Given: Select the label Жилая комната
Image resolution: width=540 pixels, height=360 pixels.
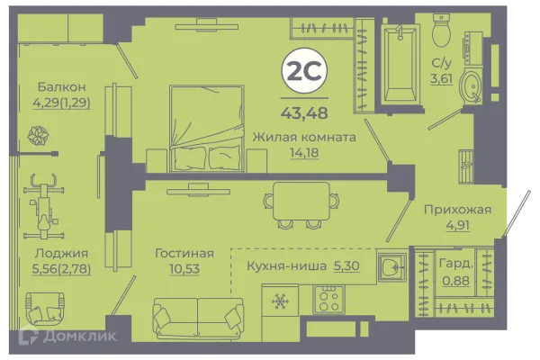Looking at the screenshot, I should click(x=303, y=137).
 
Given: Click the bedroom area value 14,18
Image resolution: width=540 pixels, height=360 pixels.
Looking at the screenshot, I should click(x=303, y=152).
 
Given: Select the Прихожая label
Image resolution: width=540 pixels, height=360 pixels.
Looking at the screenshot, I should click(x=457, y=211).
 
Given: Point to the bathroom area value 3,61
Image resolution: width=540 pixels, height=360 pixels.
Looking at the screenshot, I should click(x=441, y=78).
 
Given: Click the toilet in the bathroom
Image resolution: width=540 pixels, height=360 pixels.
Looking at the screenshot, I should click(x=441, y=31).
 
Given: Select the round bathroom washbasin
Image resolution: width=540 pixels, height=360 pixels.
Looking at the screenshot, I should click(x=470, y=86).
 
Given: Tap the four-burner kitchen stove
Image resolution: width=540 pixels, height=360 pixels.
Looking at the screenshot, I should click(x=328, y=297).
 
